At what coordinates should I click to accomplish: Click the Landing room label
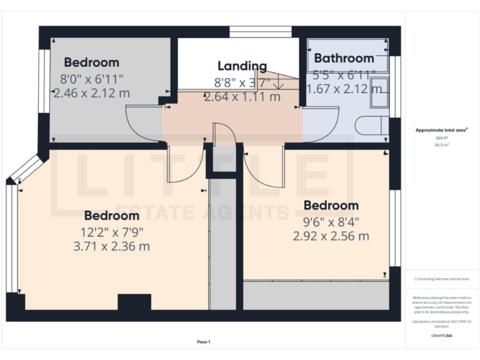[242, 66]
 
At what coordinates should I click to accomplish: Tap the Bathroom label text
[344, 59]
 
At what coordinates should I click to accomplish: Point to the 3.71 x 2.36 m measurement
[111, 246]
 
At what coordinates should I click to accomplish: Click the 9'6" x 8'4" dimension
[331, 221]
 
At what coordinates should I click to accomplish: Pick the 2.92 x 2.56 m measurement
[331, 236]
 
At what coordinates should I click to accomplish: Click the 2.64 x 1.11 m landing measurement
[242, 97]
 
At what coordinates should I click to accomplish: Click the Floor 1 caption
[204, 342]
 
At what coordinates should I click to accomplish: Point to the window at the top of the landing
[260, 32]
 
